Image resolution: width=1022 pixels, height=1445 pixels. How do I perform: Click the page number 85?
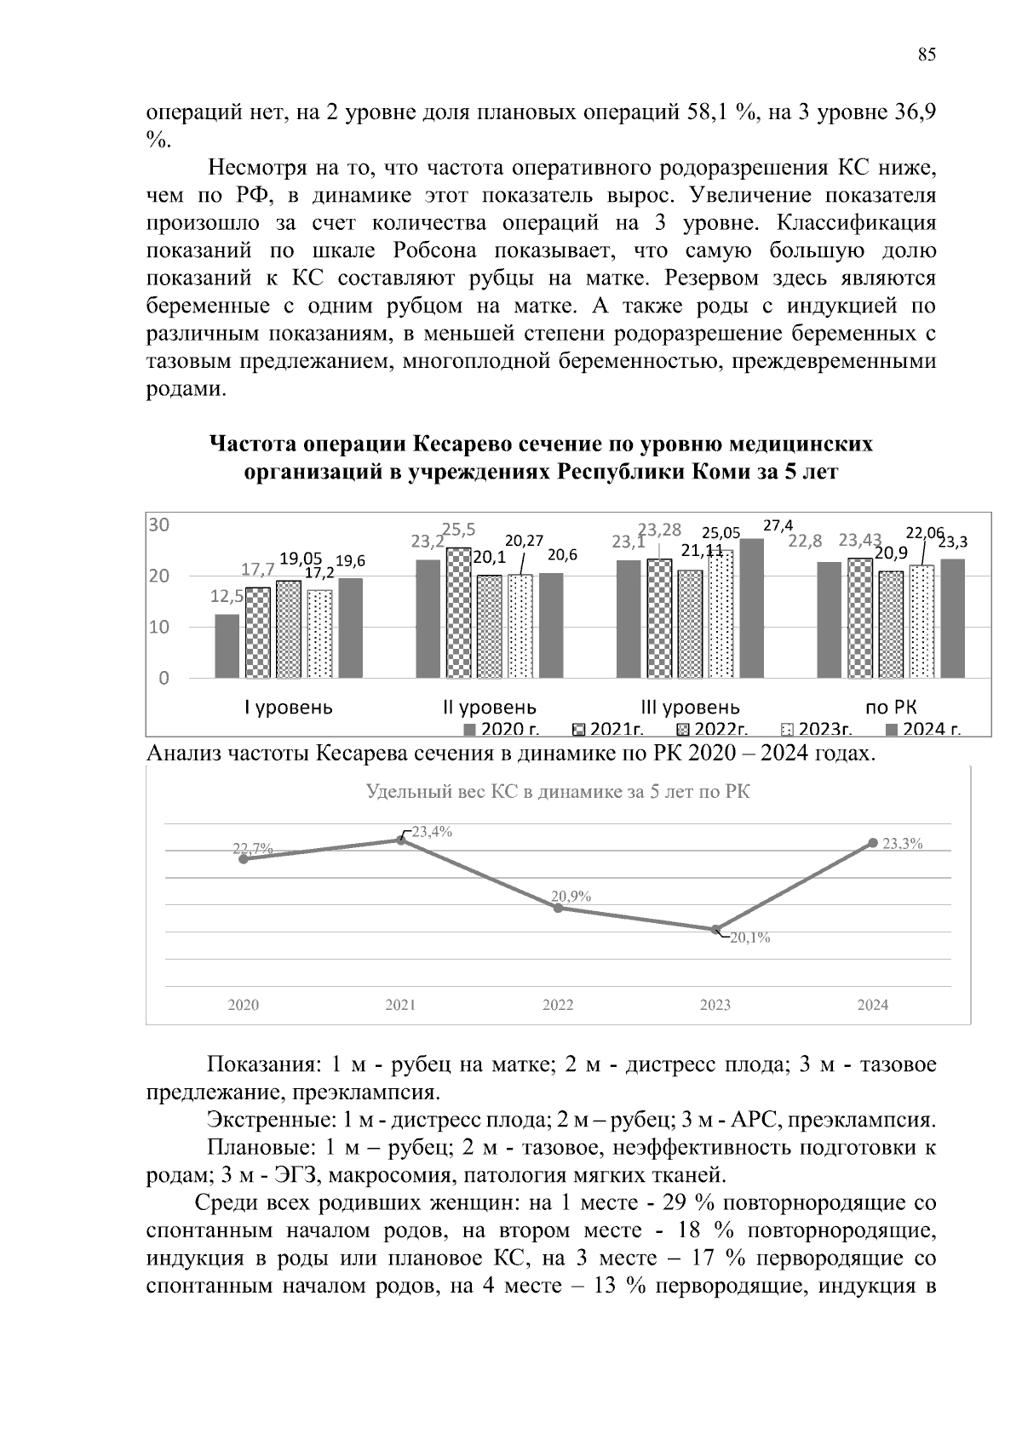[927, 55]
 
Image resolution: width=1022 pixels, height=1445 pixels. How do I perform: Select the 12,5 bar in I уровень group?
[227, 645]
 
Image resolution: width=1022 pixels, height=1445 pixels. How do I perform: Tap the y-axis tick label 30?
[159, 525]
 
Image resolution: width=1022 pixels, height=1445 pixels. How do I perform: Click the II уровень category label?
[490, 708]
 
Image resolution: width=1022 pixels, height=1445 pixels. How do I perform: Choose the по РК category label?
[890, 708]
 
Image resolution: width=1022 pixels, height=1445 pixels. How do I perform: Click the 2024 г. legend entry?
[922, 729]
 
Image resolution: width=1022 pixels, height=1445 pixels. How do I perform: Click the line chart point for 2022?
[558, 908]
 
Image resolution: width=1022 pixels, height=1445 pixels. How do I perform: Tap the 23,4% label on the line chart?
[432, 833]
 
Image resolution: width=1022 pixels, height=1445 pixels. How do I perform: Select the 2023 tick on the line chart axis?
[715, 1005]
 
